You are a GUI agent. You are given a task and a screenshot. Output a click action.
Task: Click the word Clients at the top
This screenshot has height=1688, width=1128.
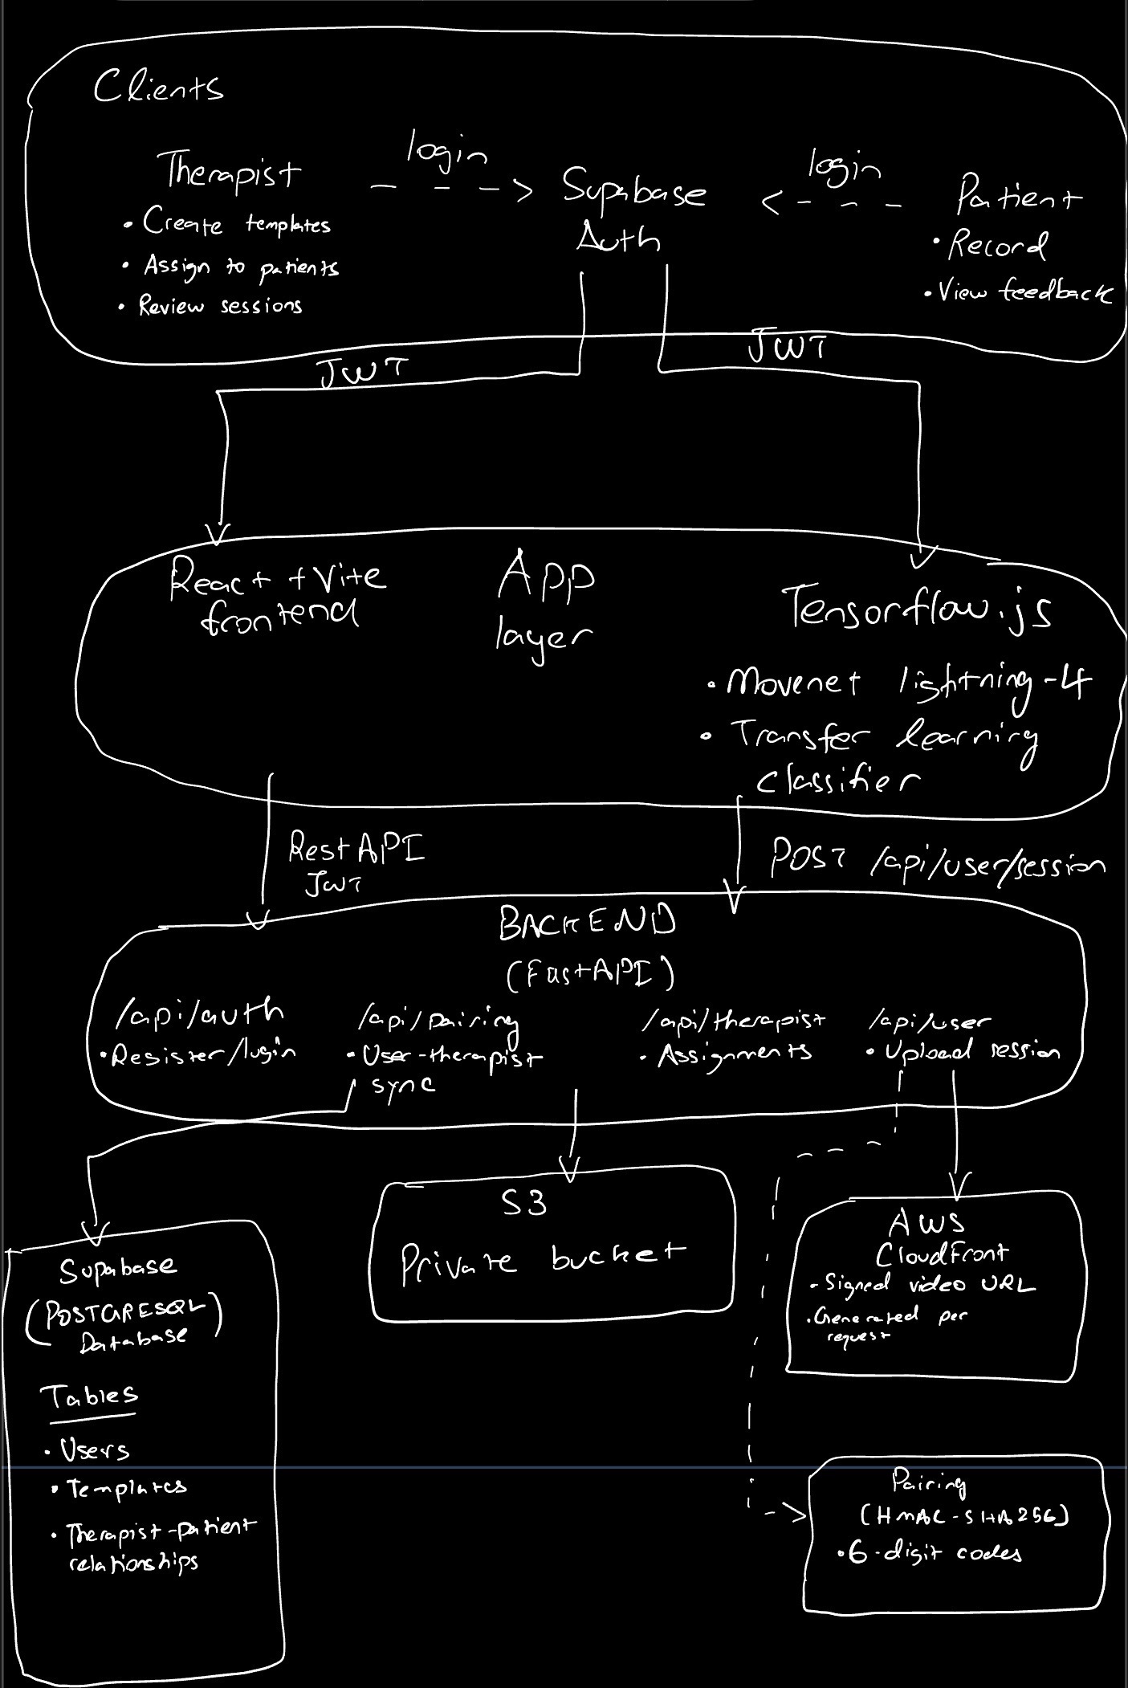(157, 87)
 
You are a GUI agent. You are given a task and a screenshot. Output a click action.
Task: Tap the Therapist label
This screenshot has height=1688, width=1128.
(232, 169)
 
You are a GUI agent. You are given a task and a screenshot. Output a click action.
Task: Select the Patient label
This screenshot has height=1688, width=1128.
(1018, 196)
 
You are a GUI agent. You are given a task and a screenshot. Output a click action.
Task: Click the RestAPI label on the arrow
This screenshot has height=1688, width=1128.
(355, 850)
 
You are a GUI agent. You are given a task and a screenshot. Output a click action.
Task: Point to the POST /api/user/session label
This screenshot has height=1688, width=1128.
(935, 864)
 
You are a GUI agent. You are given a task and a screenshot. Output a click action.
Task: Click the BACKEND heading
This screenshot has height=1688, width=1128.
(586, 924)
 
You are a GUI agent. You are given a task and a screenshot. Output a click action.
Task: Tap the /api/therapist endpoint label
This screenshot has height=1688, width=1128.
(734, 1021)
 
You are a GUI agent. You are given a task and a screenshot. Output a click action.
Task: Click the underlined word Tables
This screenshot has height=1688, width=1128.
(89, 1396)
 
